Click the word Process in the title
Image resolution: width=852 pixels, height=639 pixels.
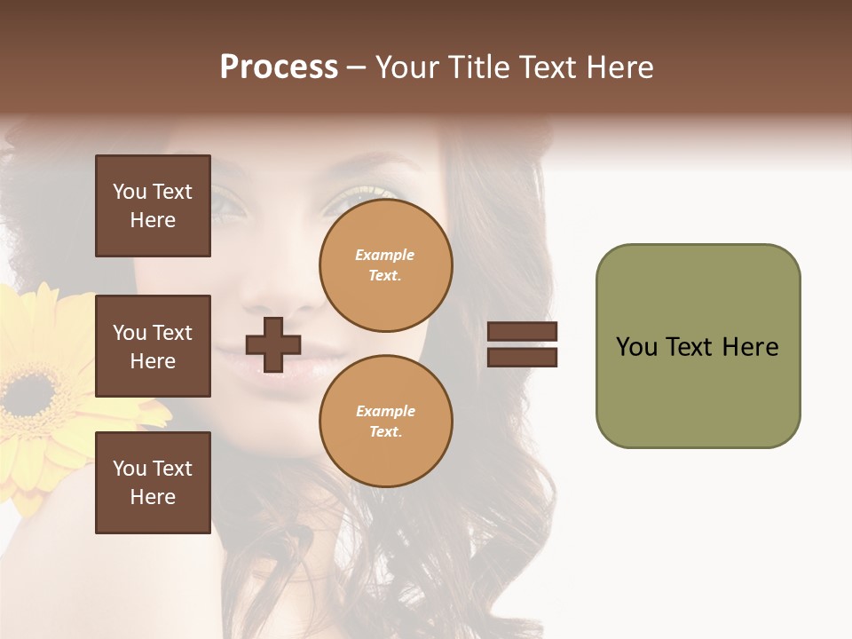tap(279, 67)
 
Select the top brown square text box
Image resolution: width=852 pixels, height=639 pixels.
tap(153, 206)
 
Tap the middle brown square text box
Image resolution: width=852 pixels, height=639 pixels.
tap(153, 346)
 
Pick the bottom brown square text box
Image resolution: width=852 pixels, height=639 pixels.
tap(153, 483)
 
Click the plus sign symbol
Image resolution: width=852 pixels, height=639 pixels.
tap(273, 344)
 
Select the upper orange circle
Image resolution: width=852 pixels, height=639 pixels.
tap(385, 265)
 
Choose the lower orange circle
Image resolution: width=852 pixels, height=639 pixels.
tap(385, 421)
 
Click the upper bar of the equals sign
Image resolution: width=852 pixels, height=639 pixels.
tap(523, 332)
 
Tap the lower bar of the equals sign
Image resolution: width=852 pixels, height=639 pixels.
tap(523, 357)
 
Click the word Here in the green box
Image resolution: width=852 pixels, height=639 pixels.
tap(750, 347)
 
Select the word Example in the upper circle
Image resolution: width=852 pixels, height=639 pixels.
tap(385, 255)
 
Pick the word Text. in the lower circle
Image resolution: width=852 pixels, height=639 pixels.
tap(385, 431)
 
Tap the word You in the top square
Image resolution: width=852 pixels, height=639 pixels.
tap(130, 192)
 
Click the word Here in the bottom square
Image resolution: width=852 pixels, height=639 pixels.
tap(153, 497)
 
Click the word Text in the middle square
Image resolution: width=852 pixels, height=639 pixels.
tap(172, 333)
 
